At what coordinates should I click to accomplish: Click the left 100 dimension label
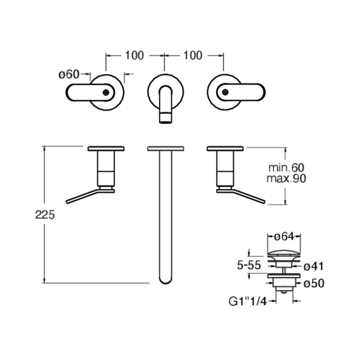coord(134,55)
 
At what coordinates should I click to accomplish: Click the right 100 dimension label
coord(193,55)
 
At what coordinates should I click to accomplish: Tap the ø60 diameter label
coord(69,74)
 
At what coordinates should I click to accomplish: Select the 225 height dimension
coord(45,215)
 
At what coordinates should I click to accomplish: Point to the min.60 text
coord(286,168)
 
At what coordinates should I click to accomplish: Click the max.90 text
coord(286,178)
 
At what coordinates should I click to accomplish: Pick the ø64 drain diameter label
coord(284,237)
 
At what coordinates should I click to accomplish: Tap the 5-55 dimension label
coord(249,265)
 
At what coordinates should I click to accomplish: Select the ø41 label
coord(313,266)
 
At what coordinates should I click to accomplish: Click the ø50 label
coord(314,283)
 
